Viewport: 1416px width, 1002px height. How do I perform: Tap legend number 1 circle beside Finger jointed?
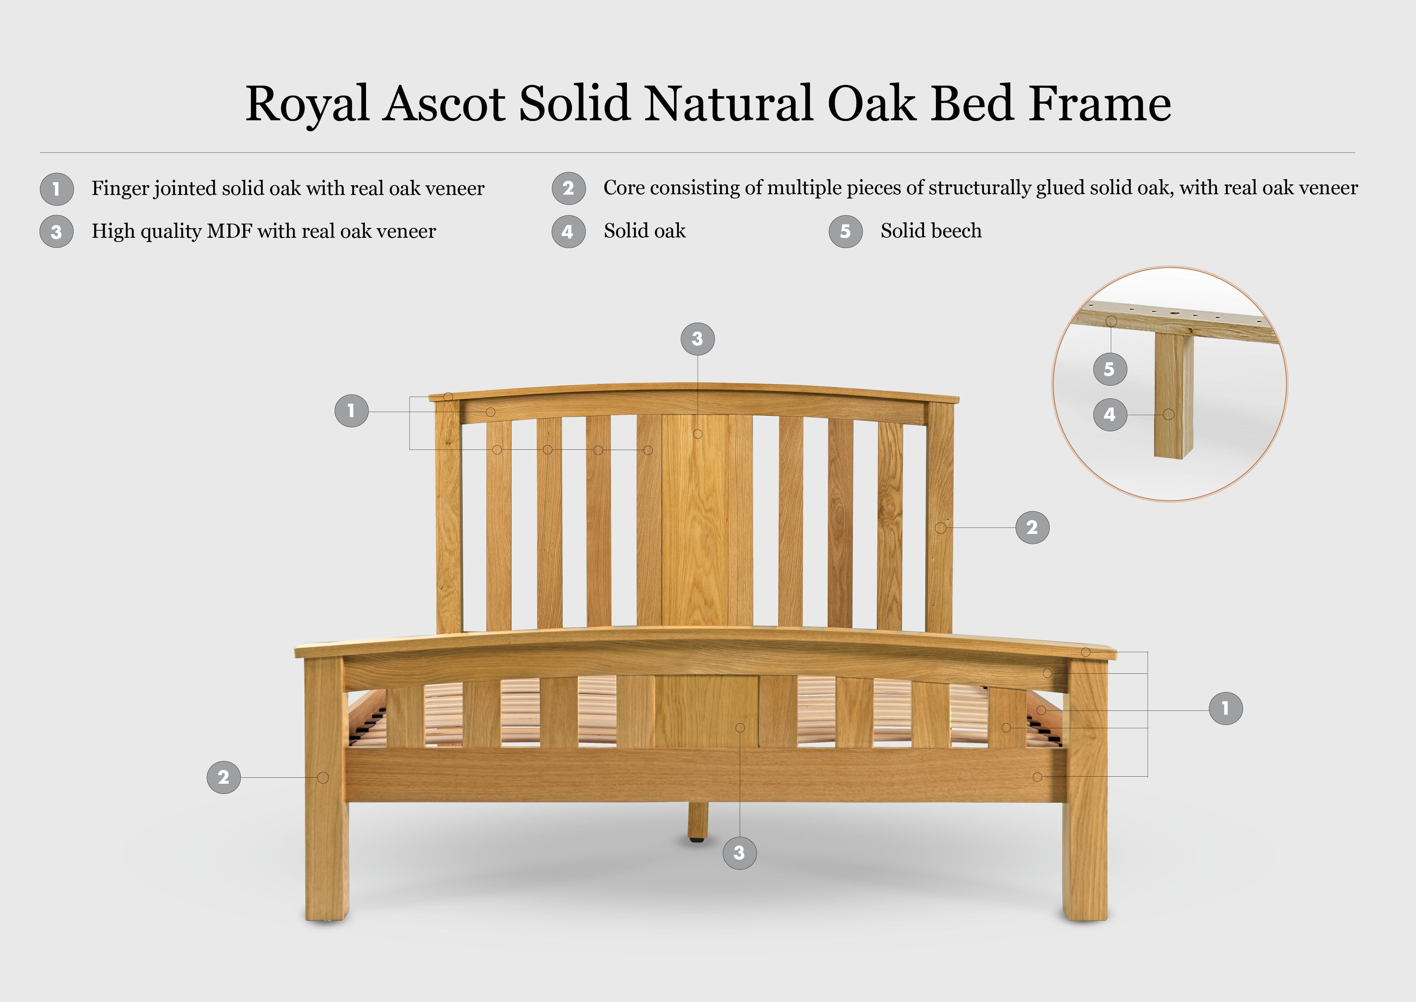(x=57, y=189)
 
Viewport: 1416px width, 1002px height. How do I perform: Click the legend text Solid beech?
(x=931, y=231)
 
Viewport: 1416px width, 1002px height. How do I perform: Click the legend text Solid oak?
(x=644, y=231)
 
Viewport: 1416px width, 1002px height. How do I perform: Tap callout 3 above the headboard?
(x=697, y=339)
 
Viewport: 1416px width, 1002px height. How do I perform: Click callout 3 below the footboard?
(x=740, y=853)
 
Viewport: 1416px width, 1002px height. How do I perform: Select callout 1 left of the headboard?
(x=351, y=411)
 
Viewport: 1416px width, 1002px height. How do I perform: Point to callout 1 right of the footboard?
(x=1225, y=708)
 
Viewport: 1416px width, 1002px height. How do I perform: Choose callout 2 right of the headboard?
(x=1032, y=528)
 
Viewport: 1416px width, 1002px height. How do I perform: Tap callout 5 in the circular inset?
(x=1110, y=369)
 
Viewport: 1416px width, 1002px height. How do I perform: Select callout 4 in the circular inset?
(x=1110, y=415)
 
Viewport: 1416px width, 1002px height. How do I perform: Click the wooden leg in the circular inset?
(x=1174, y=395)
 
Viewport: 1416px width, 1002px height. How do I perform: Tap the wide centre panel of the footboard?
(x=706, y=711)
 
